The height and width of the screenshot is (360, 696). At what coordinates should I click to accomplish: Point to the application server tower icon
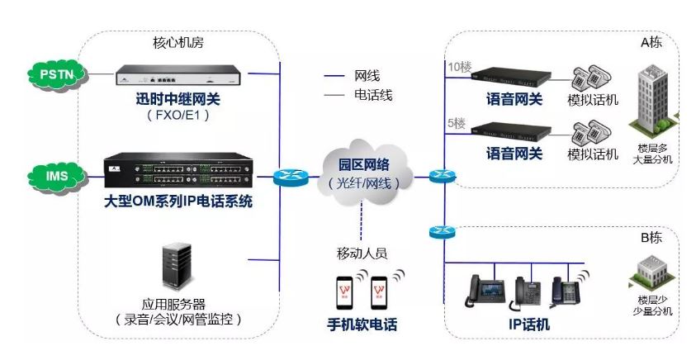tap(177, 265)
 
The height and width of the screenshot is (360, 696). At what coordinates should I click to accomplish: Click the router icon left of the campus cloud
tap(288, 176)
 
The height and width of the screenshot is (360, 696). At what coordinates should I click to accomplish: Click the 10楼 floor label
tap(457, 67)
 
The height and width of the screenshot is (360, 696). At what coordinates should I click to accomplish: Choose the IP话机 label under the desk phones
tap(529, 324)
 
